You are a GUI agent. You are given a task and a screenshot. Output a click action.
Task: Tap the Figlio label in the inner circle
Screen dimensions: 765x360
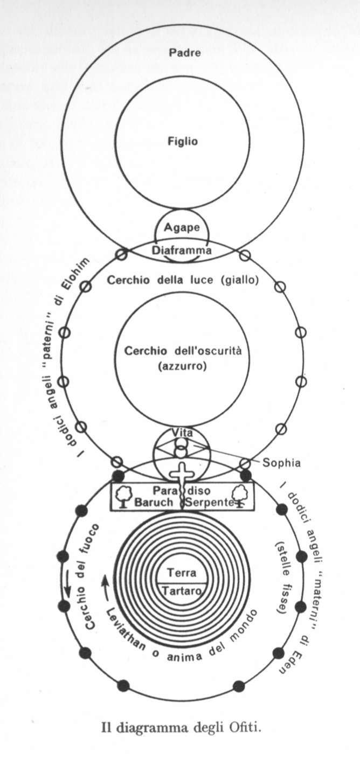coord(182,142)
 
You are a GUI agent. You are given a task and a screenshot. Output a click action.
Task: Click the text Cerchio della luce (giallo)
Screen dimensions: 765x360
coord(182,281)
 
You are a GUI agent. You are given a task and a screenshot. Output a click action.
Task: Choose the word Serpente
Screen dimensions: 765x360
coord(210,503)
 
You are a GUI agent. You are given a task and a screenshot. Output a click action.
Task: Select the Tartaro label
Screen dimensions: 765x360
coord(182,590)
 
